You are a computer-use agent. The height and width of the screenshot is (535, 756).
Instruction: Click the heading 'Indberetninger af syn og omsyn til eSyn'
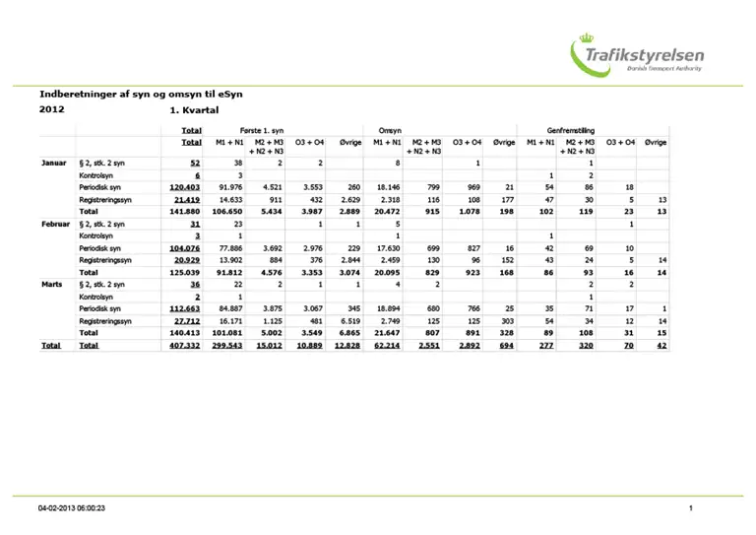click(140, 94)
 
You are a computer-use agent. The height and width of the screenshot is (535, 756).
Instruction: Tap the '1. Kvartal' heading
click(192, 110)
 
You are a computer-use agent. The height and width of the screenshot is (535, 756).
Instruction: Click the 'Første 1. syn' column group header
click(263, 130)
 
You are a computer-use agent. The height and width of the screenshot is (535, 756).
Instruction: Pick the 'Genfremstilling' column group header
click(569, 130)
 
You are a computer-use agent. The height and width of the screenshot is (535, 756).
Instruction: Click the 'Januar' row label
click(53, 162)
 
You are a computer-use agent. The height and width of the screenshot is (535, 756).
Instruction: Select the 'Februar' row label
click(54, 224)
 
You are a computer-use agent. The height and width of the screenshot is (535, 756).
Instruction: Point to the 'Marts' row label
click(53, 284)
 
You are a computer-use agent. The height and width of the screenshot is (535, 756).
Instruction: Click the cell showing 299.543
click(226, 346)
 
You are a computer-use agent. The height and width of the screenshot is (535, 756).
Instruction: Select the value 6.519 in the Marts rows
click(348, 321)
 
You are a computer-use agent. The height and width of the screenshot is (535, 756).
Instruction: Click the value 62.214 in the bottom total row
click(386, 346)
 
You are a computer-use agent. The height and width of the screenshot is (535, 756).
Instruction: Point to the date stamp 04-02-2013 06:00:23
click(72, 508)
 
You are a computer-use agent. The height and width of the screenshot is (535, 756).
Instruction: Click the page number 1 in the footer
click(692, 508)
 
